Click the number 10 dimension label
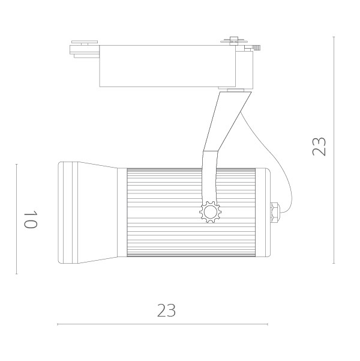[x=31, y=219]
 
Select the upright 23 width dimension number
[x=166, y=311]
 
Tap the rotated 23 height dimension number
[x=319, y=147]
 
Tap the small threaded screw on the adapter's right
[x=256, y=47]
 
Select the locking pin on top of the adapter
[x=235, y=41]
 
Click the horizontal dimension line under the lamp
[x=162, y=324]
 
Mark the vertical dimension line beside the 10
[x=16, y=219]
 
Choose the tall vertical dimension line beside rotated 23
[x=334, y=150]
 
